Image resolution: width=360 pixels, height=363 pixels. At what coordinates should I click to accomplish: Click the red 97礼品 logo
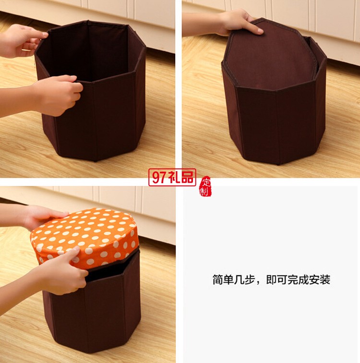[x=172, y=177]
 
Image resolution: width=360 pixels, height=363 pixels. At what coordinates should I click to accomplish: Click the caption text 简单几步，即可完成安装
[x=271, y=280]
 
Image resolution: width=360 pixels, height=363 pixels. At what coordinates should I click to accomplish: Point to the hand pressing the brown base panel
[x=240, y=22]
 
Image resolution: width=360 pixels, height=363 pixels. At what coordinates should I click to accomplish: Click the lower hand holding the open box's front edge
[x=58, y=94]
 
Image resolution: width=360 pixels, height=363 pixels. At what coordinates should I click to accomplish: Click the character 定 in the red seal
[x=206, y=183]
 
